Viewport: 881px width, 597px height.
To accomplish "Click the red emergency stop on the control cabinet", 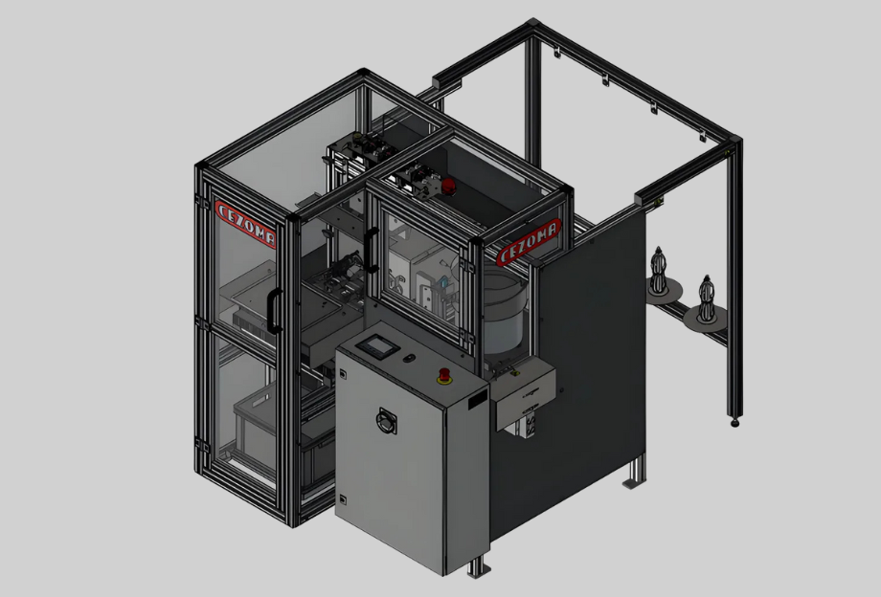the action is [x=444, y=376].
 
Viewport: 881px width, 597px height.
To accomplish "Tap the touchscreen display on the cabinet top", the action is [x=377, y=346].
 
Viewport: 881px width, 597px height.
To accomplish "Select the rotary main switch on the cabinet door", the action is [x=387, y=420].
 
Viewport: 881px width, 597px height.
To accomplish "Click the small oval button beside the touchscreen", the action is [x=410, y=358].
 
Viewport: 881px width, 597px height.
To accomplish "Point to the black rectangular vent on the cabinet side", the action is [x=477, y=398].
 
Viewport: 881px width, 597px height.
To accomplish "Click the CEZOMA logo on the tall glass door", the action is [x=245, y=224].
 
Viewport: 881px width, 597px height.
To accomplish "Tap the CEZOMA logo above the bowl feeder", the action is [x=529, y=242].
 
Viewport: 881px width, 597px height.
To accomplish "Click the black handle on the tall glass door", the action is [x=274, y=311].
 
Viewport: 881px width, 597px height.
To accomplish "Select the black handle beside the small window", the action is [x=371, y=249].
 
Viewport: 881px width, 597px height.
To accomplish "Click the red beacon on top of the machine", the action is [x=448, y=187].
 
